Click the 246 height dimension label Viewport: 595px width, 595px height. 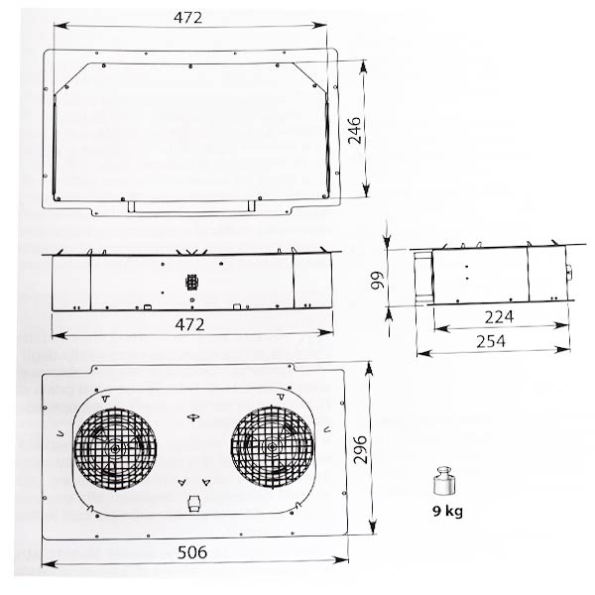[358, 128]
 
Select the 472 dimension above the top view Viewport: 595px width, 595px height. [188, 17]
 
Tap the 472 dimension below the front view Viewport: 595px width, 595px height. [189, 325]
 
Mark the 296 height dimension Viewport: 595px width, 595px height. [360, 453]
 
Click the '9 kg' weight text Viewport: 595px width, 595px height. [446, 513]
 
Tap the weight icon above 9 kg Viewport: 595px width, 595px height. [445, 483]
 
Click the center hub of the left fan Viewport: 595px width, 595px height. [118, 448]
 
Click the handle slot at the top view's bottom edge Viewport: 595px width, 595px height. [188, 206]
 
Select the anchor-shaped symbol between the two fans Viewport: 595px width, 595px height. [193, 417]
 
